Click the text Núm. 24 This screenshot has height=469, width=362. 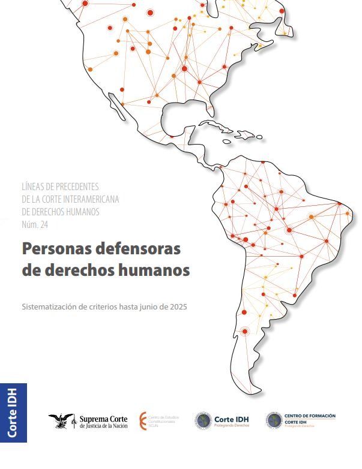coord(35,225)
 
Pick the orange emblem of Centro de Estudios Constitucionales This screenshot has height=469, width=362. coord(142,420)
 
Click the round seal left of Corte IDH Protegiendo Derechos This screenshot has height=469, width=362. coord(204,421)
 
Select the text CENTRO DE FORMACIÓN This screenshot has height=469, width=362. coord(309,416)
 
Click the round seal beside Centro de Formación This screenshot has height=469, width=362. coord(274,420)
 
